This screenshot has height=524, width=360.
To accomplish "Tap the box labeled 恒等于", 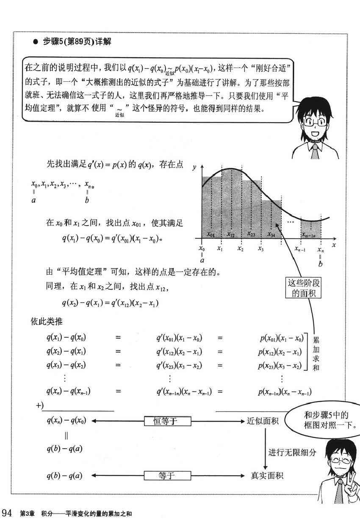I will click(167, 421).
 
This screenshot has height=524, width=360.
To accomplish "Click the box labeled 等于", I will click(167, 475).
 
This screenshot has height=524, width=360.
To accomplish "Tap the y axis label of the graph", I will click(194, 167).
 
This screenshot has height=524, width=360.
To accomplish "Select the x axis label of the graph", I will click(334, 245).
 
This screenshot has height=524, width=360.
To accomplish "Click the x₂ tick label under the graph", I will click(240, 249).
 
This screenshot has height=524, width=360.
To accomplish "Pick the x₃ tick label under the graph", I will click(260, 249).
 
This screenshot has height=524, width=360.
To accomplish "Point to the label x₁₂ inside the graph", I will click(231, 234).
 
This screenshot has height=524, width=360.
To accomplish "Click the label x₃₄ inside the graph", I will click(271, 234).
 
